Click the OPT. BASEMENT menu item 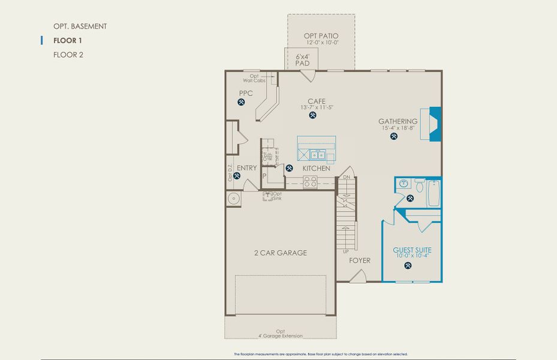80,26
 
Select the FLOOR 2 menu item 68,55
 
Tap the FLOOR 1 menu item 68,41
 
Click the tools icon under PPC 242,103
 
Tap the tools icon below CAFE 313,115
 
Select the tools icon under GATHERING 394,136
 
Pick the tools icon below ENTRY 237,176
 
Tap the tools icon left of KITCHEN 290,169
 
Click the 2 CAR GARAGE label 280,253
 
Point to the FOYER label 360,260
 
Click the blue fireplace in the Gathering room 435,124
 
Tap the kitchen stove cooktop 310,183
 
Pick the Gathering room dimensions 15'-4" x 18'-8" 398,128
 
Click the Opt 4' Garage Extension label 281,333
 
